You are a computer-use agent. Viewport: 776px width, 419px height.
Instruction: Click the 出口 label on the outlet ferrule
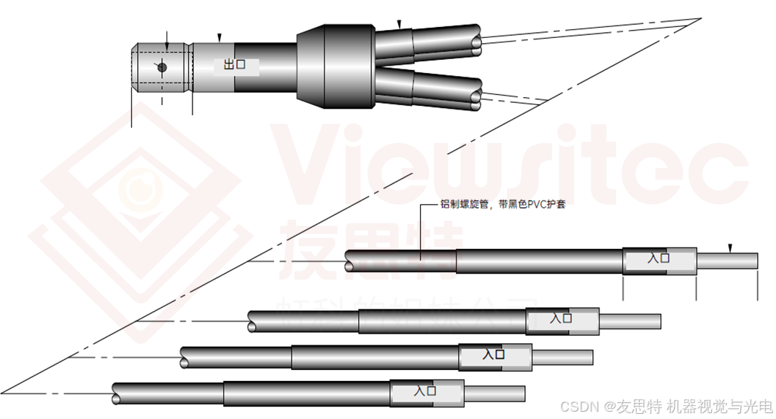tap(234, 65)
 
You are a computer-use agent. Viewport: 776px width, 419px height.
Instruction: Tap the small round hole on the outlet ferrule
tap(162, 67)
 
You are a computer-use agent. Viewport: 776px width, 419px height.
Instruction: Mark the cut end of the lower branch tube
tap(477, 96)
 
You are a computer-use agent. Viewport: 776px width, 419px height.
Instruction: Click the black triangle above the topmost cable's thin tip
tap(730, 247)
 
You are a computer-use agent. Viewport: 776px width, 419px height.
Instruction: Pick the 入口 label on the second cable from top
tap(562, 319)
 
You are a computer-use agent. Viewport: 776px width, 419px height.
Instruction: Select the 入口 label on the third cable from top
tap(494, 355)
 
